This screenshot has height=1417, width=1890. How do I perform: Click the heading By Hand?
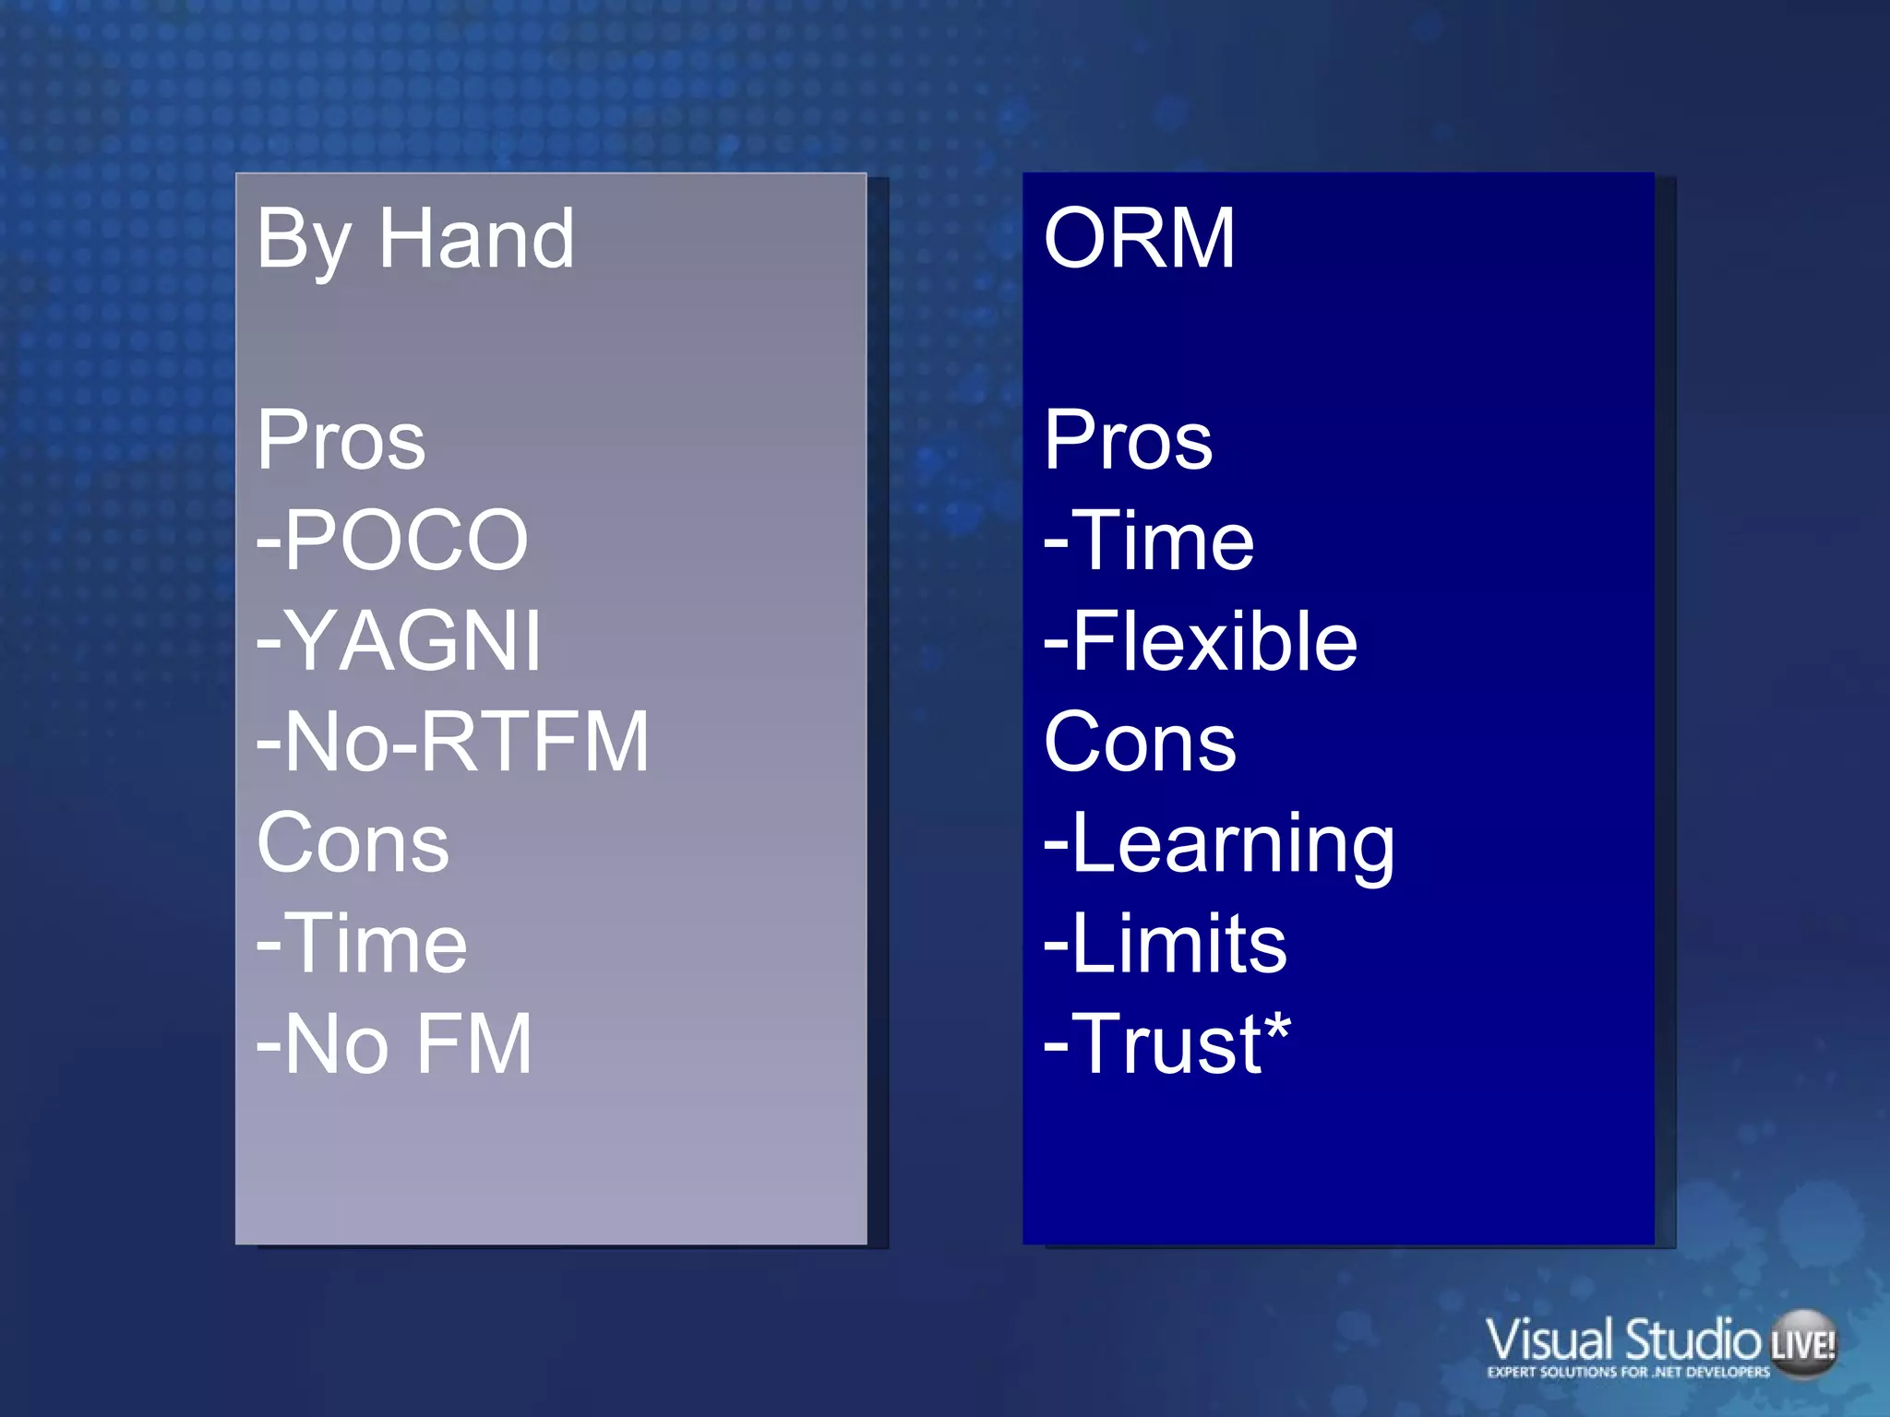tap(415, 240)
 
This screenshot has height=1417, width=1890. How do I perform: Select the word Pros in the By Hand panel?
tap(341, 440)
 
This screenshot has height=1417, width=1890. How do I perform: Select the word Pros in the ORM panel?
tap(1128, 440)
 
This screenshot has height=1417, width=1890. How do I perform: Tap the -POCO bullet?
tap(392, 541)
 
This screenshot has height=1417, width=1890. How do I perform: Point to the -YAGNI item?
tap(399, 641)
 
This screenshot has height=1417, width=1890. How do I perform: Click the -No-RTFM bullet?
tap(453, 742)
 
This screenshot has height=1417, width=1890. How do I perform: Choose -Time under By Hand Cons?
tap(362, 943)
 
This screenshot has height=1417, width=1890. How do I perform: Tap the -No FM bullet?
tap(394, 1044)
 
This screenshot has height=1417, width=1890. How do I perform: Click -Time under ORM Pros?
tap(1149, 541)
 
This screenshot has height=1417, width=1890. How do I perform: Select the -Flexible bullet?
tap(1200, 641)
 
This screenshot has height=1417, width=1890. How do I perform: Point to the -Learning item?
tap(1218, 844)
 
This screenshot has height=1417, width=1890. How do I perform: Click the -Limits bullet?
tap(1165, 943)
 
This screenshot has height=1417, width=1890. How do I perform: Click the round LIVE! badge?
tap(1802, 1343)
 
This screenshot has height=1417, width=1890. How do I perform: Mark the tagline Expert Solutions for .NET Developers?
tap(1628, 1372)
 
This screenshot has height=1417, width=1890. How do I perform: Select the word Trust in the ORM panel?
tap(1168, 1044)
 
